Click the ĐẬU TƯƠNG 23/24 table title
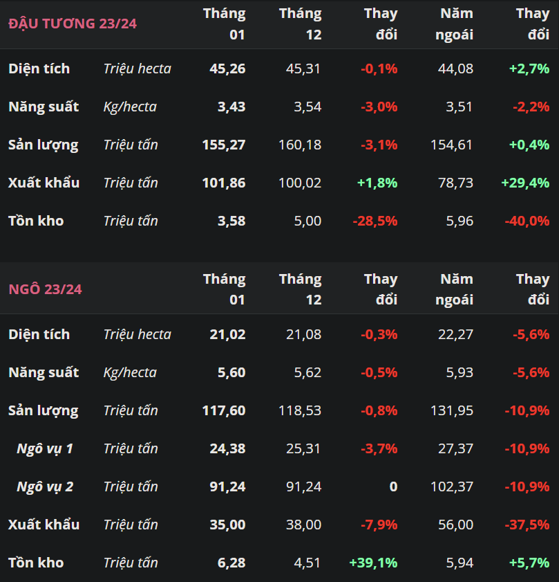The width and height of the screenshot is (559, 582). tap(73, 24)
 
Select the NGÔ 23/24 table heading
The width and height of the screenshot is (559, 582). tap(45, 289)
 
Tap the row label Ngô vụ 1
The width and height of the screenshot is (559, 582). tap(45, 448)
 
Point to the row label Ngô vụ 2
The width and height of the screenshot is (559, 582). tap(45, 486)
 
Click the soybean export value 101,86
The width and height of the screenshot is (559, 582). tap(224, 183)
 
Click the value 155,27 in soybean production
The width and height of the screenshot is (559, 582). tap(224, 145)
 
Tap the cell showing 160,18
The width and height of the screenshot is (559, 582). tap(301, 145)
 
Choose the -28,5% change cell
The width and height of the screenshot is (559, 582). tap(375, 221)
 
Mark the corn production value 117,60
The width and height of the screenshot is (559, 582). tap(224, 410)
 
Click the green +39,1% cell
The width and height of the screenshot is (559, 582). tap(374, 563)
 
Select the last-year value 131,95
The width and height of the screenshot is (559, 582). tap(452, 410)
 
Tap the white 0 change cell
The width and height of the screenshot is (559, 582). tap(393, 486)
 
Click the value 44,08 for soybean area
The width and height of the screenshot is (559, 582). tap(456, 69)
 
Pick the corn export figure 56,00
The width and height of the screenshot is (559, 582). tap(456, 525)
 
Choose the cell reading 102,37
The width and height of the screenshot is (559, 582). tap(452, 486)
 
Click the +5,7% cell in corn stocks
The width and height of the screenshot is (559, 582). tap(530, 563)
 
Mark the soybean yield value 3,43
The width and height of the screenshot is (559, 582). tap(231, 107)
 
